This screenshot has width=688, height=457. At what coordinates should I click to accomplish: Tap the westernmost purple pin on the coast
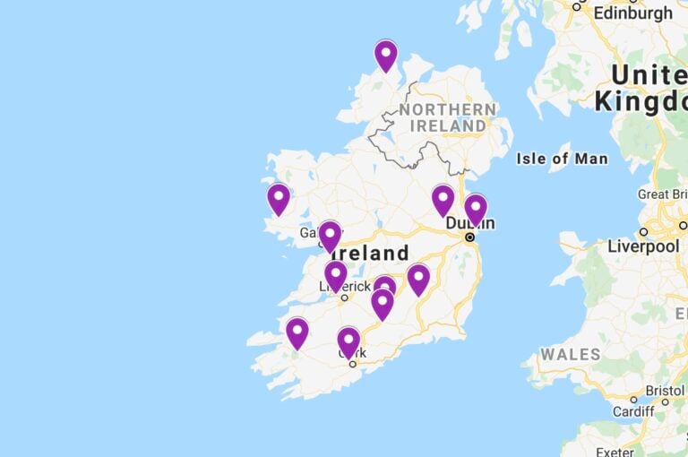coord(279,197)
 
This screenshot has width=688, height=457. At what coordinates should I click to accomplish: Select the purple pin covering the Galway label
coord(330,235)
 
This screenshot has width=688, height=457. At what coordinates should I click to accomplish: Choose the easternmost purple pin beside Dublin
coord(476,208)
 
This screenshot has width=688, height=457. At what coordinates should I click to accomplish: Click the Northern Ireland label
coord(448,117)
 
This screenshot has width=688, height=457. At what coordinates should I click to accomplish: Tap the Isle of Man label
coord(562,159)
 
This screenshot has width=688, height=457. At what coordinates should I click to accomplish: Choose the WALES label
coord(570,354)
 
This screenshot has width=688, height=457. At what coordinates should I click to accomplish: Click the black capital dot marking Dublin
coord(469,237)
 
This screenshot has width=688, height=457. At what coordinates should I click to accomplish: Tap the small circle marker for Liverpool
coord(643,231)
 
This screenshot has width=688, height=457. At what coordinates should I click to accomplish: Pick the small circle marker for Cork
coord(353,364)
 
